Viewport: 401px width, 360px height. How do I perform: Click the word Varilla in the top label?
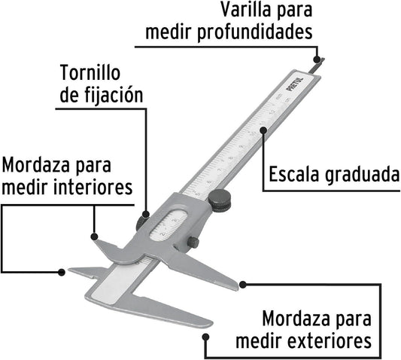pos(246,11)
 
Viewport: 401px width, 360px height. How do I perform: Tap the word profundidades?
pos(255,32)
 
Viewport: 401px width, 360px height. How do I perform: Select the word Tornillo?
pos(90,73)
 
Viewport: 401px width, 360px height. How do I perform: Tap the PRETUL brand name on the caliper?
pos(296,84)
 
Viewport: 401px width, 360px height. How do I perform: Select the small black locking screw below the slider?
pos(193,243)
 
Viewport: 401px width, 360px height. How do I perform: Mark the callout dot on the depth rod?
pos(317,59)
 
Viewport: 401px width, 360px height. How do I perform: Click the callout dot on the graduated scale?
pos(263,130)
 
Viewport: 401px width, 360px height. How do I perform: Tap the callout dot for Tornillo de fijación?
pos(146,214)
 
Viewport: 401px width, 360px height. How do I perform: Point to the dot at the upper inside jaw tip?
pos(94,236)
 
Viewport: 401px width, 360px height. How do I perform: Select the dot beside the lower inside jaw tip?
pos(62,272)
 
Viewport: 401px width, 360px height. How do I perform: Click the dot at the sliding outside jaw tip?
pos(243,284)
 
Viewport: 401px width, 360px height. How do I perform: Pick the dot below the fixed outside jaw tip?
pos(206,337)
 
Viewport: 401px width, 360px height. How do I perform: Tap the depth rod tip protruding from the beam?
pos(317,66)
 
